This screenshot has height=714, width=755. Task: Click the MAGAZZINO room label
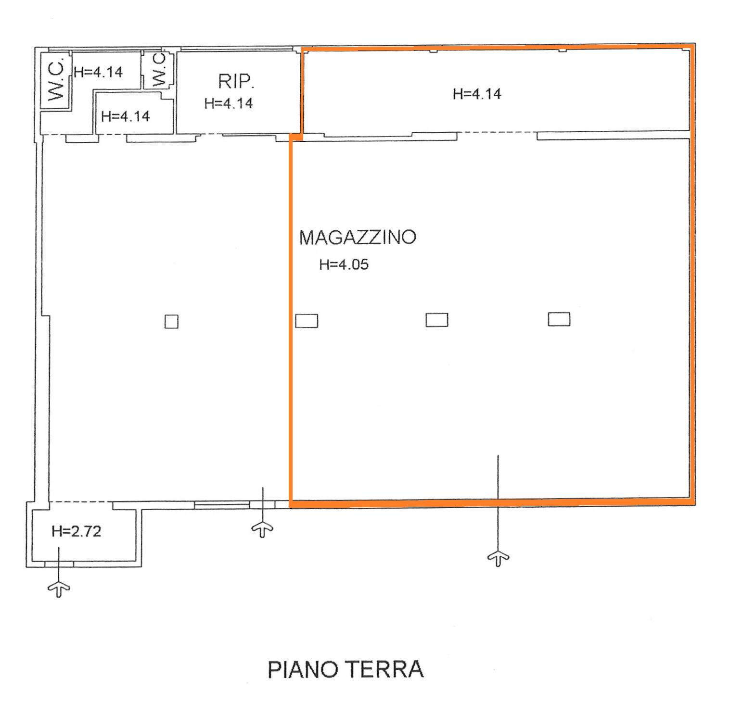[358, 238]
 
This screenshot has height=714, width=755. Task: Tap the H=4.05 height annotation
[344, 264]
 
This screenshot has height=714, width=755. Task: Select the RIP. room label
[236, 81]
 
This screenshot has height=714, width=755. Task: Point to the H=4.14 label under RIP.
[229, 103]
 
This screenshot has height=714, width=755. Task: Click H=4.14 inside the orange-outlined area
[477, 94]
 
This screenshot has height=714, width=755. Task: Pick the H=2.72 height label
[77, 531]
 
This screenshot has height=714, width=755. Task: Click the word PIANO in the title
[303, 669]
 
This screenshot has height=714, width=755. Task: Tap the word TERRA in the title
[385, 669]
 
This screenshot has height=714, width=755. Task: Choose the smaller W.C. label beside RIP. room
[159, 70]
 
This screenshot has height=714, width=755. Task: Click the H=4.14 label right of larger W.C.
[98, 72]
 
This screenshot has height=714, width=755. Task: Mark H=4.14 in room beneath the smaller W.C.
[126, 116]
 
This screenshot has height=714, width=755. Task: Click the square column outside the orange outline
[171, 322]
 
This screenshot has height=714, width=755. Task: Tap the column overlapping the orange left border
[307, 321]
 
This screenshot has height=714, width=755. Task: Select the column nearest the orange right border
[559, 319]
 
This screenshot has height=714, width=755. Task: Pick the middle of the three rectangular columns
[437, 320]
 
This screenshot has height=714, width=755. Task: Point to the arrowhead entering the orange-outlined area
[498, 558]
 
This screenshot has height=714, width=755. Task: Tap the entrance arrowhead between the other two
[262, 529]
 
